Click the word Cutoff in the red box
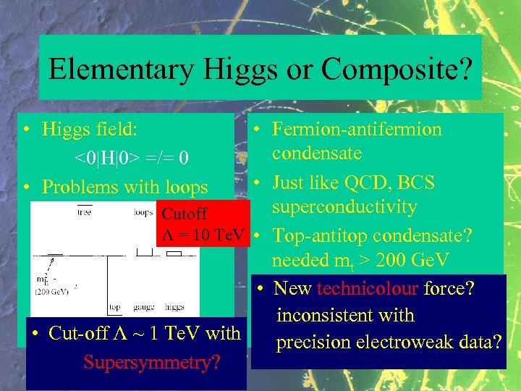pyautogui.click(x=185, y=214)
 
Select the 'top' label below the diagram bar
pyautogui.click(x=115, y=307)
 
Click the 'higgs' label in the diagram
pyautogui.click(x=174, y=307)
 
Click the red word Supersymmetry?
pyautogui.click(x=152, y=361)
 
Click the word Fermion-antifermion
pyautogui.click(x=357, y=130)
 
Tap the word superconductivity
pyautogui.click(x=344, y=207)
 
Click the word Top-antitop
pyautogui.click(x=319, y=235)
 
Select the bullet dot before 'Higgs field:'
pyautogui.click(x=26, y=130)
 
